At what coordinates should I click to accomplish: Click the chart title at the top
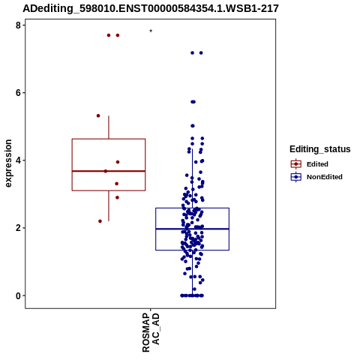click(151, 8)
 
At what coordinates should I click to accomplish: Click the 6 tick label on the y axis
click(18, 93)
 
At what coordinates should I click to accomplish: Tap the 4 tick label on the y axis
click(18, 160)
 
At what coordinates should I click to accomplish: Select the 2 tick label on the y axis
click(18, 228)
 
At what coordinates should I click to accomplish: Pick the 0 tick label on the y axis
click(18, 295)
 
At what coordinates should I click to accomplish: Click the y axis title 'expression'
click(8, 163)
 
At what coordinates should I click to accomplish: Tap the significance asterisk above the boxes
click(151, 31)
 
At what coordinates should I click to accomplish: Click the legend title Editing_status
click(320, 149)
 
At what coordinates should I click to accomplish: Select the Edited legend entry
click(310, 164)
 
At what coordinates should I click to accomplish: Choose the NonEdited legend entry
click(316, 177)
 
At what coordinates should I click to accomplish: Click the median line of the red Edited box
click(109, 171)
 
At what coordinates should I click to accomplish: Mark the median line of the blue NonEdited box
click(193, 229)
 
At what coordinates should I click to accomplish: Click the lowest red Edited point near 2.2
click(100, 221)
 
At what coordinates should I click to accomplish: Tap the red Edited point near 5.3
click(98, 115)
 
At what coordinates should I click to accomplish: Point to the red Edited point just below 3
click(117, 197)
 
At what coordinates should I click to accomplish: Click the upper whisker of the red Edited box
click(109, 127)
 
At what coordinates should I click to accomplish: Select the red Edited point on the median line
click(106, 171)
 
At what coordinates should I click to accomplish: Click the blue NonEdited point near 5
click(193, 126)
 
